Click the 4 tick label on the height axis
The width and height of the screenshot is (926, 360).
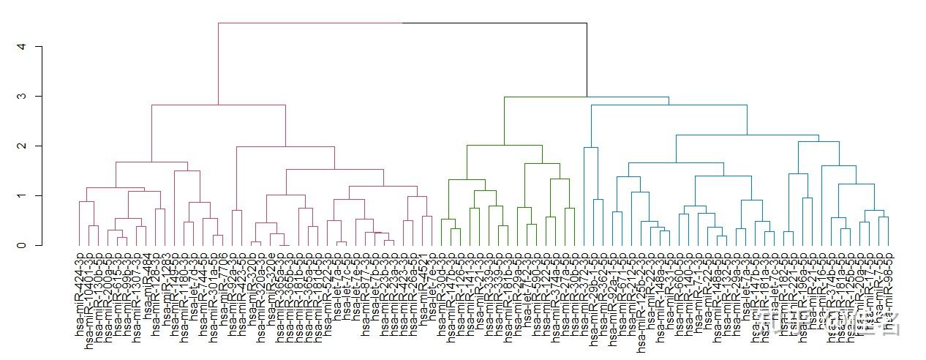pyautogui.click(x=21, y=47)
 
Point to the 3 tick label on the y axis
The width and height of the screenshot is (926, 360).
pyautogui.click(x=21, y=97)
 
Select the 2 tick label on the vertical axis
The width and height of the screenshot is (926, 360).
pyautogui.click(x=21, y=146)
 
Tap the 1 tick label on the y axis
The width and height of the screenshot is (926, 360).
pyautogui.click(x=21, y=196)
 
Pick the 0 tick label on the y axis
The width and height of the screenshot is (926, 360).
pyautogui.click(x=21, y=246)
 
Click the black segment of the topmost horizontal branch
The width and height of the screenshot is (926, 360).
pyautogui.click(x=494, y=23)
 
